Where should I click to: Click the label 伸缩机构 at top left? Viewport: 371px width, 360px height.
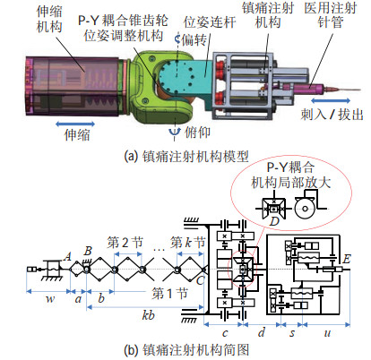click(49, 20)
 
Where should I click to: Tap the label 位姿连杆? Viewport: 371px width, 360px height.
click(210, 22)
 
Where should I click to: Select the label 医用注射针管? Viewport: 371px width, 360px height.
click(331, 15)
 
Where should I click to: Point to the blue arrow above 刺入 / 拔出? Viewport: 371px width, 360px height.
click(331, 100)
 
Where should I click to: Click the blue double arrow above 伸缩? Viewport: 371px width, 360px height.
click(75, 124)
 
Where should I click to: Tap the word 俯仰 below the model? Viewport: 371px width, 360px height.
click(197, 132)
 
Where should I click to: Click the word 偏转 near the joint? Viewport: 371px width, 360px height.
click(194, 39)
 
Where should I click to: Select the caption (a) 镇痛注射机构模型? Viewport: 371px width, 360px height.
click(186, 156)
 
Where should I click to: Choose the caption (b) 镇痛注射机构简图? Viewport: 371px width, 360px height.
click(186, 349)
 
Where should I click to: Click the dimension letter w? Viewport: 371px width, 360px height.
click(50, 299)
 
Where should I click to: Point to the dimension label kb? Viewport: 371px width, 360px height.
click(149, 315)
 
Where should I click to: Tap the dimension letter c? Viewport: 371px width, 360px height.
click(225, 332)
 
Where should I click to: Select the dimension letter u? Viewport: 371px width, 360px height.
click(327, 332)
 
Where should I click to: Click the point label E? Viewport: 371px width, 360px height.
click(347, 259)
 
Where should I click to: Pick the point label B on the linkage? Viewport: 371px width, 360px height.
click(88, 251)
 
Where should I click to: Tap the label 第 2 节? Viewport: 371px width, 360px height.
click(125, 243)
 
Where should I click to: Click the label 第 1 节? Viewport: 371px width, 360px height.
click(169, 294)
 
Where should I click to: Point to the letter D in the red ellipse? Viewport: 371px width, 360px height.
click(274, 221)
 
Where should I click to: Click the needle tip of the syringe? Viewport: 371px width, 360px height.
click(361, 90)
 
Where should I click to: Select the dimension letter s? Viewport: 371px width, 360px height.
click(292, 332)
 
